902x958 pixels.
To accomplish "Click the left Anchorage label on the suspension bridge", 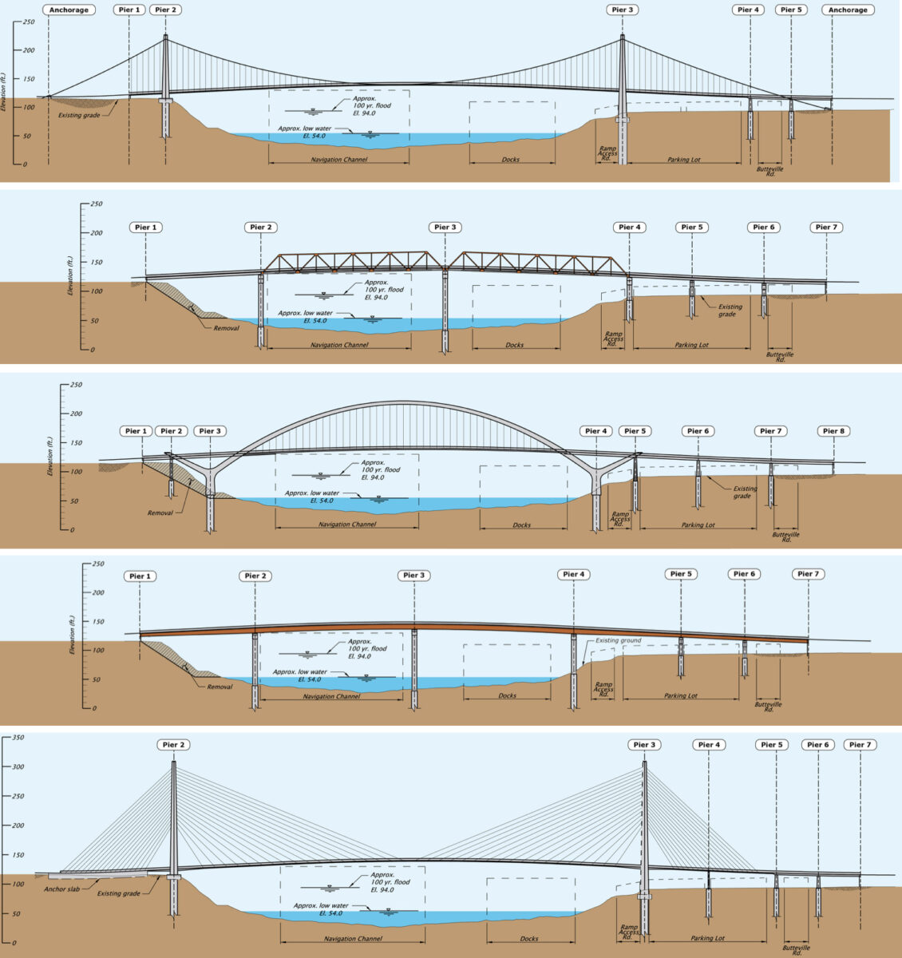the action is click(x=69, y=10).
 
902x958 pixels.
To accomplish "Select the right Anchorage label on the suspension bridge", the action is click(x=848, y=10).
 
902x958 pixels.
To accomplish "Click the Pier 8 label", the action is click(x=834, y=431).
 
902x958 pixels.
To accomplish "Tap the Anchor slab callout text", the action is click(x=61, y=889).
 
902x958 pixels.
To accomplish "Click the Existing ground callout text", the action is click(x=618, y=640).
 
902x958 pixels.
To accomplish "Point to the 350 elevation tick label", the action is click(x=18, y=738).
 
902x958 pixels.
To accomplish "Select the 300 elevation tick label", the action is click(x=18, y=766).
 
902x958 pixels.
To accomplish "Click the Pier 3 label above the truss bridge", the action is click(x=445, y=227).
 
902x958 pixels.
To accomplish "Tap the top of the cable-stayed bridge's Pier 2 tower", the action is click(x=174, y=762).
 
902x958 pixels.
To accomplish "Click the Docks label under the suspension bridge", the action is click(x=511, y=159).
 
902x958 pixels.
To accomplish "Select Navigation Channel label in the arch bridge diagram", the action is click(x=346, y=524).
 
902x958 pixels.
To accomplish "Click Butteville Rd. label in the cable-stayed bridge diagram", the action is click(x=797, y=950).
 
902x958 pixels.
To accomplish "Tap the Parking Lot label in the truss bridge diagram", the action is click(x=692, y=345).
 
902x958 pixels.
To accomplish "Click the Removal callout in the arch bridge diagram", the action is click(x=160, y=513).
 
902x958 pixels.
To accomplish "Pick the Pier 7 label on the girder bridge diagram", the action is click(x=808, y=573).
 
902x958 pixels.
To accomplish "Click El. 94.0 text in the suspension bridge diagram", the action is click(x=364, y=113).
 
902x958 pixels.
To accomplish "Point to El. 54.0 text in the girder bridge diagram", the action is click(x=309, y=679).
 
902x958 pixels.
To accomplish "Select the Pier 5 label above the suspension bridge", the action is click(x=791, y=10).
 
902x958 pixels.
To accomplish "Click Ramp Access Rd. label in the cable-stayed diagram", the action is click(x=628, y=932).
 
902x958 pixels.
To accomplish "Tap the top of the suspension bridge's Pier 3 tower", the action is click(x=623, y=36).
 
